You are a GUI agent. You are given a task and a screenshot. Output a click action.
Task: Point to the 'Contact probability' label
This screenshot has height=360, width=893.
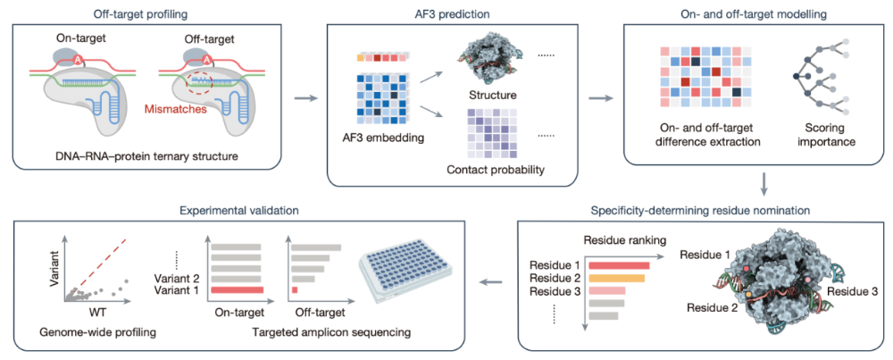(494, 169)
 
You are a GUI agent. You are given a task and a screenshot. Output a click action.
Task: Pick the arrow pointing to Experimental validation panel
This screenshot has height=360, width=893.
(494, 281)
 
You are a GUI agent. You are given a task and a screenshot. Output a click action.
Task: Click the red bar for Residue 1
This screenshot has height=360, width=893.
(619, 265)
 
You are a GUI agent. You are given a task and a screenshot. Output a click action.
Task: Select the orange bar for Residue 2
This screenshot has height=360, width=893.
(617, 278)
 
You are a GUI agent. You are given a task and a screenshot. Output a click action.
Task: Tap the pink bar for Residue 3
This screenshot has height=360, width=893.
(606, 290)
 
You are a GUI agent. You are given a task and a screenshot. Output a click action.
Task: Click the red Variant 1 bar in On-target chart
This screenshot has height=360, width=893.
(238, 290)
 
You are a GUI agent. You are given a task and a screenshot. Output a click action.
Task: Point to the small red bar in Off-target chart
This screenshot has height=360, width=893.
(295, 290)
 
